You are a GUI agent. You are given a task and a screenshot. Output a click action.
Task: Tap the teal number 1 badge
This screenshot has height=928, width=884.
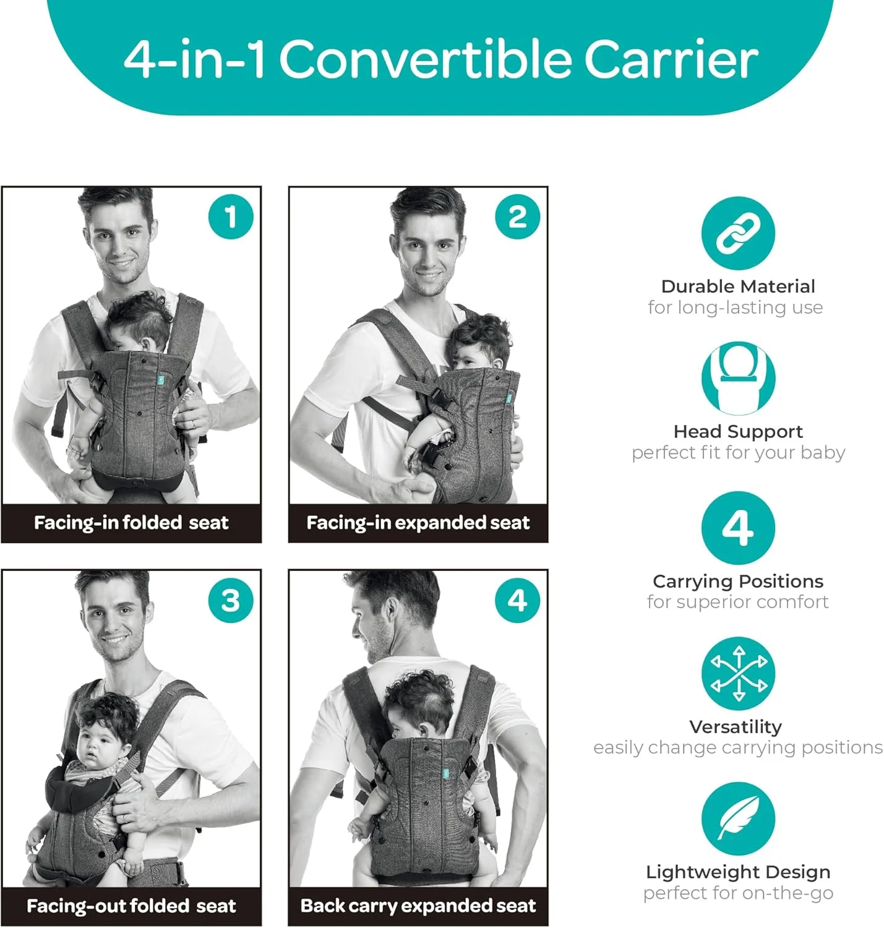231,217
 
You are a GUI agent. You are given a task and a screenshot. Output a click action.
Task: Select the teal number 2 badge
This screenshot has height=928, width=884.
517,217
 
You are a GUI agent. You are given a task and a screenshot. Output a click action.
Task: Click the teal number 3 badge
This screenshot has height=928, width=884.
231,600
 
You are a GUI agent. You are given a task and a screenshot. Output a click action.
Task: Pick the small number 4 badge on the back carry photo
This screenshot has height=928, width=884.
517,600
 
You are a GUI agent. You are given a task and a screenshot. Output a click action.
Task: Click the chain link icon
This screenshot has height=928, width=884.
737,233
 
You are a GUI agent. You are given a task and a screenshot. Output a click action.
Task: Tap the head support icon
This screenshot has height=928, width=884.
737,378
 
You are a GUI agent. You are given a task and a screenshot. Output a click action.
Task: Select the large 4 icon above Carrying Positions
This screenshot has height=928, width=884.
737,528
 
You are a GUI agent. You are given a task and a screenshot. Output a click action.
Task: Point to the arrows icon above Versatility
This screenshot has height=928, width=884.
737,674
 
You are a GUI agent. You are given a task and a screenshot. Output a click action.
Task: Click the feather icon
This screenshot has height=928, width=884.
737,819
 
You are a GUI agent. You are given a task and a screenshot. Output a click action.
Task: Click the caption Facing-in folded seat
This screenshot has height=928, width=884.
131,523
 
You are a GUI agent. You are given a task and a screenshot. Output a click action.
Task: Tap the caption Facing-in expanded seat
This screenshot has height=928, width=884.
418,523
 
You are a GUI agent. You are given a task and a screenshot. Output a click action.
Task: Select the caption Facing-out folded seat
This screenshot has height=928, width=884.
131,906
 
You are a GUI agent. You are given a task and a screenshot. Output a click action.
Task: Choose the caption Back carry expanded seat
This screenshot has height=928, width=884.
418,906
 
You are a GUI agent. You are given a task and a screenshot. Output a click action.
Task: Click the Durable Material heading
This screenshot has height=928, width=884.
737,286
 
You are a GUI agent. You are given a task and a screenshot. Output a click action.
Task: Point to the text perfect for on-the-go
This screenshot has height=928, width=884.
737,893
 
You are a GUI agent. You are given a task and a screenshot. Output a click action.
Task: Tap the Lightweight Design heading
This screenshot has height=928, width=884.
737,872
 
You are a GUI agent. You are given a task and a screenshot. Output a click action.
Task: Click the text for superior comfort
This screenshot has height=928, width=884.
737,603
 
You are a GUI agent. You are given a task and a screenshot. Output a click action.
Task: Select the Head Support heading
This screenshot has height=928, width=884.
737,432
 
